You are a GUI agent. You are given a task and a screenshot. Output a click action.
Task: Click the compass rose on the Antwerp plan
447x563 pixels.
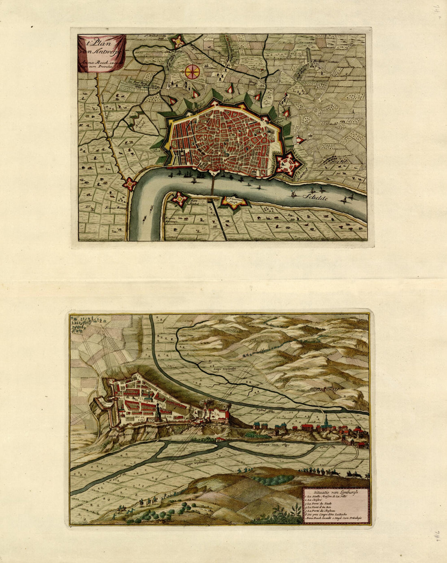tap(192, 71)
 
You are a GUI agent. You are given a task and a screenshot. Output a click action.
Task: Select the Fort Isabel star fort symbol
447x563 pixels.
tap(179, 199)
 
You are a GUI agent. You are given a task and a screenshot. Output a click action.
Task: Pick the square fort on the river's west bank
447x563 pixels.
tap(130, 184)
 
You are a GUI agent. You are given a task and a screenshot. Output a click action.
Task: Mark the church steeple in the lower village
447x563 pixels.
tap(325, 421)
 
